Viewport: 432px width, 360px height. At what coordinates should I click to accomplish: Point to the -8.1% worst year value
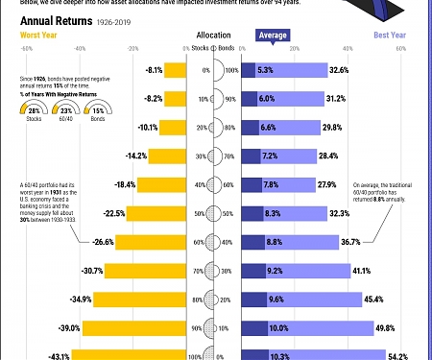coord(153,70)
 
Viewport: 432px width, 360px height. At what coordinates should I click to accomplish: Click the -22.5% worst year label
coord(116,213)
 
